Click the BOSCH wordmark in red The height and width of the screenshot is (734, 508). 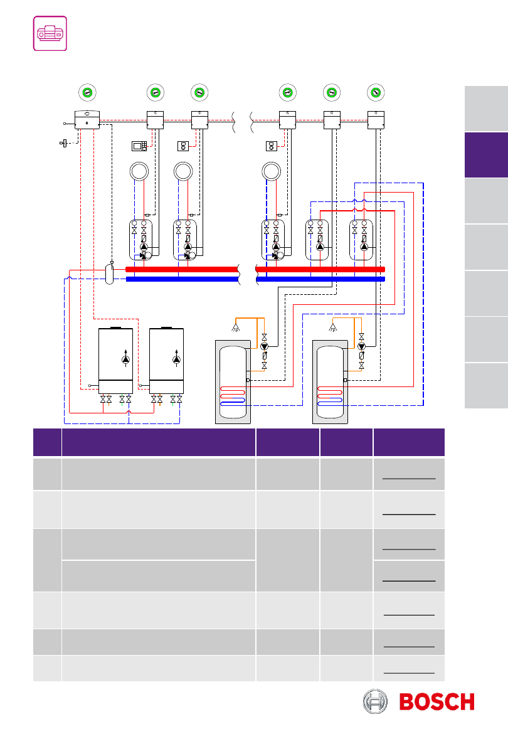(x=437, y=702)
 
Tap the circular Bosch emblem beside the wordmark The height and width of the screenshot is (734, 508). (x=375, y=702)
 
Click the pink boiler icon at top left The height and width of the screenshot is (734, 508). (x=50, y=33)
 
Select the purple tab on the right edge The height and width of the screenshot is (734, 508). (x=486, y=155)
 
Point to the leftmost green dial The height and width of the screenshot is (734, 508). (x=87, y=92)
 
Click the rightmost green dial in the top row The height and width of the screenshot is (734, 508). (x=376, y=92)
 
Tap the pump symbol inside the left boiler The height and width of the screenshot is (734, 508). (x=126, y=359)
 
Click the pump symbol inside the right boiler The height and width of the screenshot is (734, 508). (x=176, y=359)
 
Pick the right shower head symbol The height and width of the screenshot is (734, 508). (x=333, y=327)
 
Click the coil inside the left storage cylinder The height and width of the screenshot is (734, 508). (x=233, y=396)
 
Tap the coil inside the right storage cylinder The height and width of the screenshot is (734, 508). (x=330, y=396)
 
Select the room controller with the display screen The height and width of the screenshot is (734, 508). (x=139, y=146)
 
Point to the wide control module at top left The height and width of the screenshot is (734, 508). (x=87, y=120)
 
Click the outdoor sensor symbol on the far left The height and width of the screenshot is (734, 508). (x=63, y=142)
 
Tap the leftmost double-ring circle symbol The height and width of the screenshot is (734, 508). (x=139, y=171)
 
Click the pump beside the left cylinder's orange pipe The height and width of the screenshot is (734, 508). (x=264, y=346)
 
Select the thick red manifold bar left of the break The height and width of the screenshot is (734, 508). (x=182, y=269)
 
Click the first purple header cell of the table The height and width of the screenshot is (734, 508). (x=47, y=442)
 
